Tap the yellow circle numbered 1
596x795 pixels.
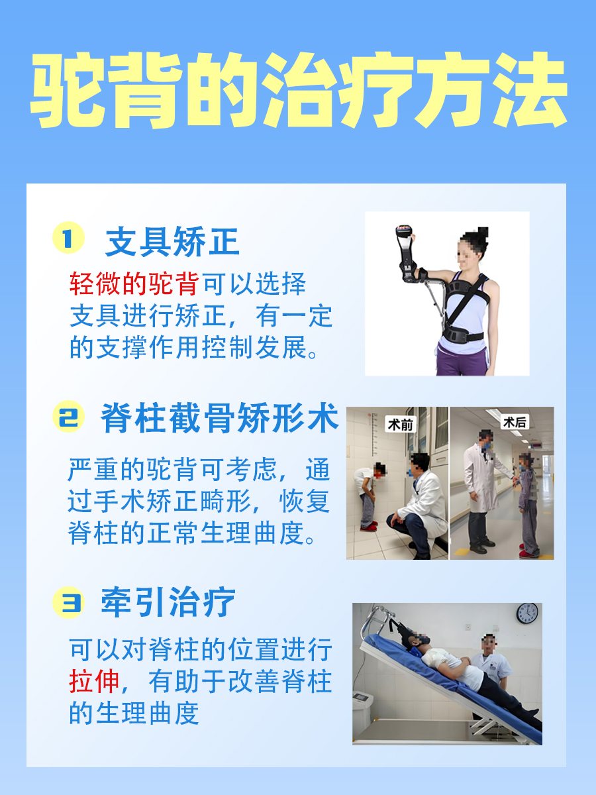tap(68, 238)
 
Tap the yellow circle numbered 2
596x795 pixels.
tap(68, 418)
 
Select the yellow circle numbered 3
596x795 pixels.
tap(68, 603)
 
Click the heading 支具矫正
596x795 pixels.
tap(172, 242)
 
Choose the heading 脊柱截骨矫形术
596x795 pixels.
tap(219, 419)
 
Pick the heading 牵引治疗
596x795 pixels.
tap(168, 603)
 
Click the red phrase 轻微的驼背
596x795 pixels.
tap(134, 284)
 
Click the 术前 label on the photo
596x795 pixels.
tap(400, 425)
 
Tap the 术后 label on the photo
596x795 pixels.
tap(515, 422)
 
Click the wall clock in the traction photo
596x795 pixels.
tap(527, 613)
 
